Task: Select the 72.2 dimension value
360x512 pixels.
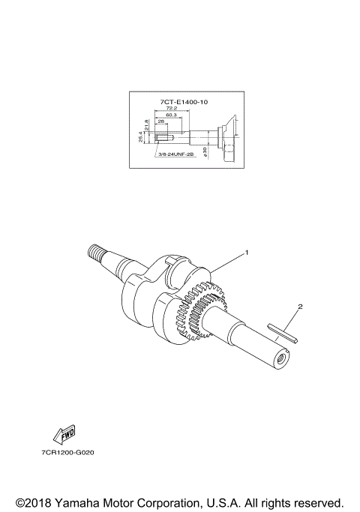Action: coord(172,108)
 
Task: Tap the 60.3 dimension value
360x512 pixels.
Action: coord(172,115)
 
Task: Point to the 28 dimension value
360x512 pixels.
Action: coord(160,121)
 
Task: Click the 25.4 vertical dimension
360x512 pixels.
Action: coord(140,137)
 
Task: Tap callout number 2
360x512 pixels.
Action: coord(300,306)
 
